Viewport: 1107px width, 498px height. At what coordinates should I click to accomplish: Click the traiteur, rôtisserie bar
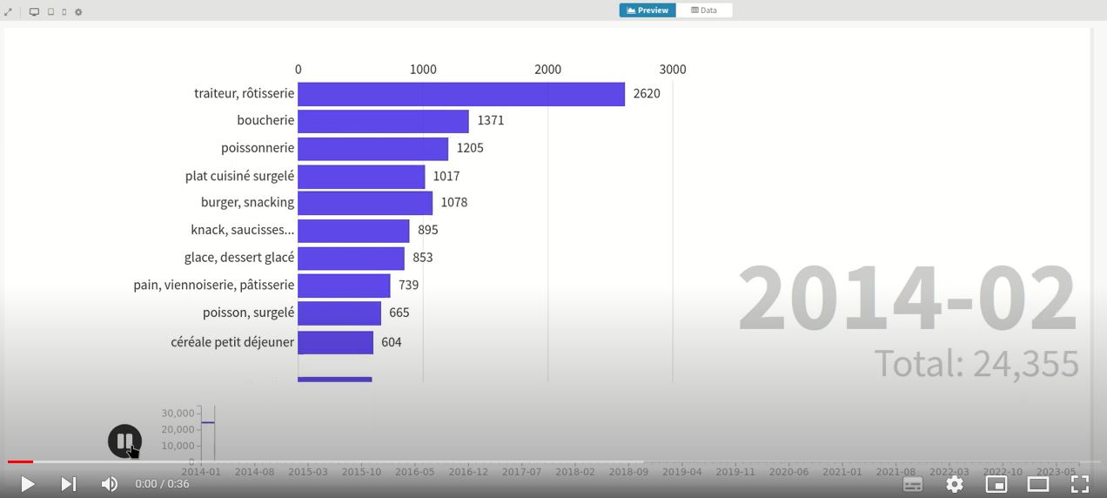tap(461, 94)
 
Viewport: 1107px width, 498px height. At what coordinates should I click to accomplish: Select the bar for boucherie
tap(383, 121)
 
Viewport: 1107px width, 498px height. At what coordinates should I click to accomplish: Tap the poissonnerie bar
tap(372, 149)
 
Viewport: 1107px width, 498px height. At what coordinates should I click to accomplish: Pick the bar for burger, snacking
tap(365, 203)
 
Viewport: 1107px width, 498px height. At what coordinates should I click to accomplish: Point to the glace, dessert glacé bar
tap(351, 259)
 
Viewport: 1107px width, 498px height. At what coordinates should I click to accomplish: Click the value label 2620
tap(647, 94)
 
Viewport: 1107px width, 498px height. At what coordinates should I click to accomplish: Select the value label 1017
tap(446, 176)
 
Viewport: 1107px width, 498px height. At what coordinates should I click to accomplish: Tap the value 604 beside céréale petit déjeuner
tap(392, 342)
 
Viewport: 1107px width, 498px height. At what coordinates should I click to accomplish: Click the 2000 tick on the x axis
tap(547, 70)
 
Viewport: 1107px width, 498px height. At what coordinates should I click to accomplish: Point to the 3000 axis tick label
tap(672, 70)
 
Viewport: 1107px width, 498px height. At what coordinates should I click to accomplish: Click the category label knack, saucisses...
tap(242, 230)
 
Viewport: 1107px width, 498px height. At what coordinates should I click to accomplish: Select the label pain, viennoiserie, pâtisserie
tap(214, 285)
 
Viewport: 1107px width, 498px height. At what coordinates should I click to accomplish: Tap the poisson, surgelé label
tap(248, 313)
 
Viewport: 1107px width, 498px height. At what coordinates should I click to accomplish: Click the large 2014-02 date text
tap(907, 299)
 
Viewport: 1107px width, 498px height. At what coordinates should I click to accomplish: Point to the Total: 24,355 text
tap(976, 364)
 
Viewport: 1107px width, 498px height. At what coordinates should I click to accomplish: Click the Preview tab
tap(647, 10)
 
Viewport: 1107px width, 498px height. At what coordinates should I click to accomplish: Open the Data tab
tap(704, 10)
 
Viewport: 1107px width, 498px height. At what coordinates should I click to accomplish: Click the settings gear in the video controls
tap(955, 484)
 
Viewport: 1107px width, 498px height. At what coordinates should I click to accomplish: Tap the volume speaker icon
tap(110, 484)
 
